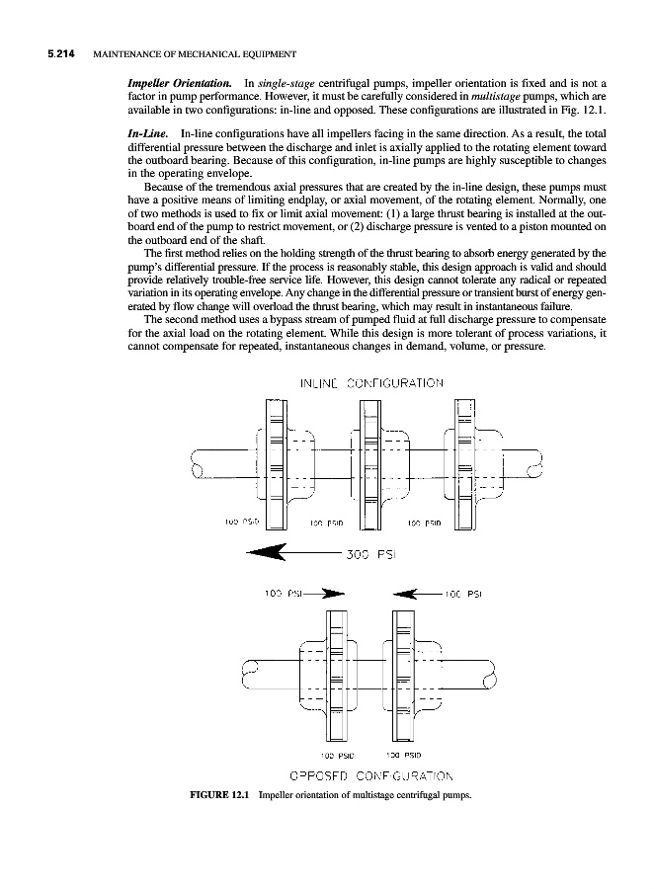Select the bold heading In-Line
click(x=147, y=131)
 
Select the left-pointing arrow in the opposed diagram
click(x=414, y=595)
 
